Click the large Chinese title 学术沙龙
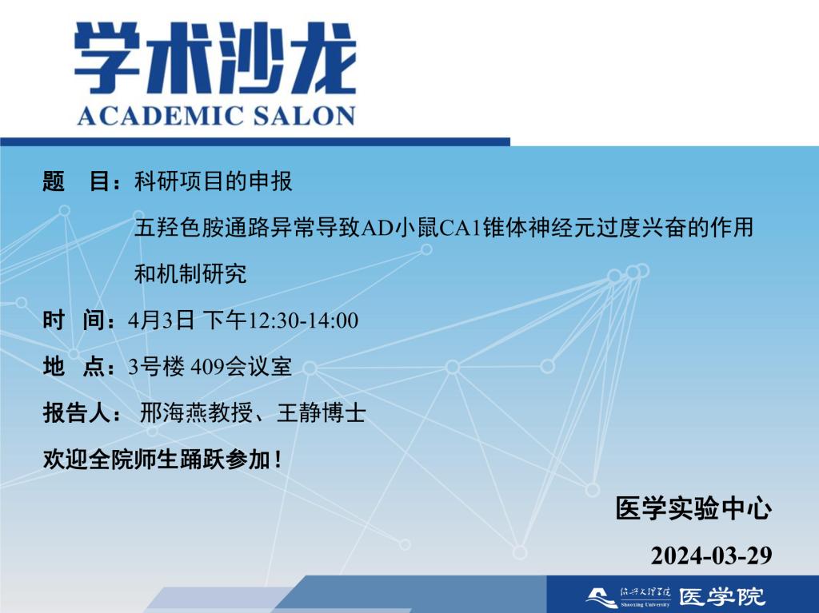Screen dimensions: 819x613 [215, 58]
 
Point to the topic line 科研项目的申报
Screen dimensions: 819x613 [213, 181]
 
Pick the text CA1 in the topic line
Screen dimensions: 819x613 [460, 229]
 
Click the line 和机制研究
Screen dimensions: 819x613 [190, 273]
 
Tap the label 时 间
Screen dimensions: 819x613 [75, 320]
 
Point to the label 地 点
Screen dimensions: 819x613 [75, 367]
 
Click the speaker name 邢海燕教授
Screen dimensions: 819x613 [196, 413]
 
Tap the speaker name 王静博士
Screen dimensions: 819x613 [322, 413]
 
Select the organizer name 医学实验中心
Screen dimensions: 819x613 [693, 508]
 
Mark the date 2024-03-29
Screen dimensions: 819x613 [711, 555]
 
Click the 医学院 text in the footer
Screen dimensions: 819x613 [722, 596]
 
